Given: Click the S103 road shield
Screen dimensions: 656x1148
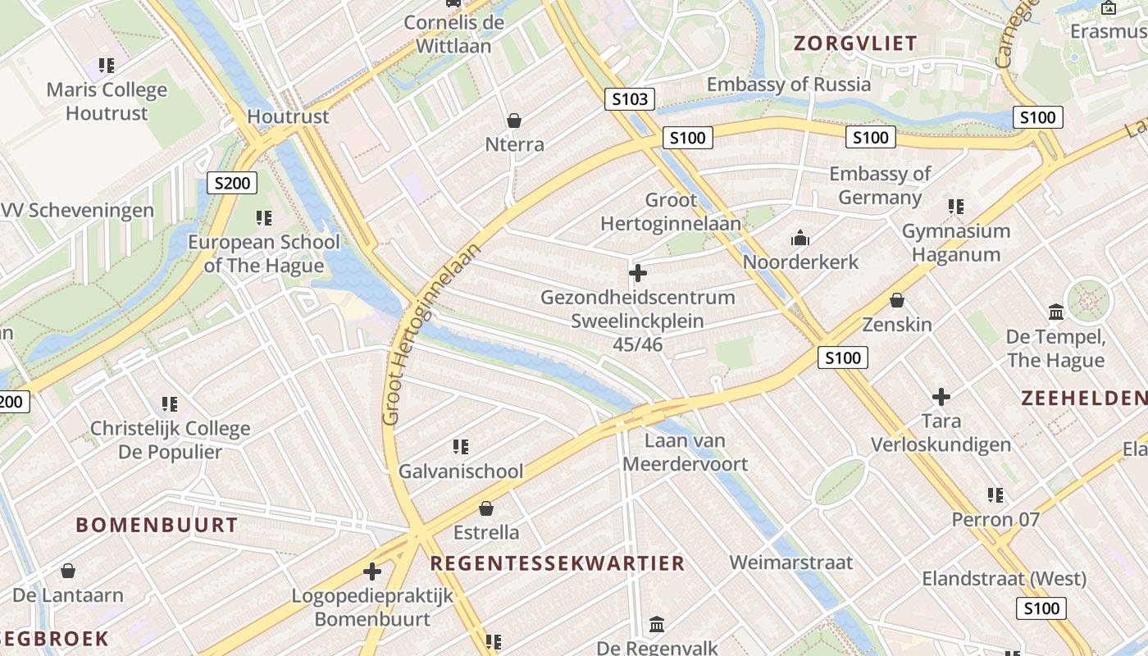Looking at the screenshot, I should (630, 100).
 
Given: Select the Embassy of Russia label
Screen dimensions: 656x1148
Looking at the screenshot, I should (789, 84).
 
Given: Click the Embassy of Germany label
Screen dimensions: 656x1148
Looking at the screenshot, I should (880, 185).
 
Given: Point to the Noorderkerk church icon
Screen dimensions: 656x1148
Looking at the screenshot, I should (799, 239).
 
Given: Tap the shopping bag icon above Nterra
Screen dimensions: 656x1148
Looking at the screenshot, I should (514, 121).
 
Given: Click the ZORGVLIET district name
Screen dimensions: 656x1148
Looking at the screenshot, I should (855, 44).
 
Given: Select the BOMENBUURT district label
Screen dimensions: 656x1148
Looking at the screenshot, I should (157, 525).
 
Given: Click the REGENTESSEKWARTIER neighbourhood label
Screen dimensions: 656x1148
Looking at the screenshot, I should (558, 563).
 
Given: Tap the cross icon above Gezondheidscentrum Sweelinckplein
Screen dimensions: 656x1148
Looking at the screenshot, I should (638, 273).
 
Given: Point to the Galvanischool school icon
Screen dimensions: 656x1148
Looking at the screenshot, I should (461, 447).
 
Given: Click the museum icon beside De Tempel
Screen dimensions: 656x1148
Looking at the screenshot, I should (1056, 312).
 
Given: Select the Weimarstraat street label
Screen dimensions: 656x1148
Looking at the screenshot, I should (791, 563).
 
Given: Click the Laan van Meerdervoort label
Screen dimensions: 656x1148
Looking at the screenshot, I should (686, 452).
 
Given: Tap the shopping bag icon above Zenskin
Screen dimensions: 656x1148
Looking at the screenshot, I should (897, 300).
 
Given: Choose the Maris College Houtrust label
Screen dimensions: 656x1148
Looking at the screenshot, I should (107, 101).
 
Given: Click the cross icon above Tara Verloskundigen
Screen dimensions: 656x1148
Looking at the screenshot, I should (941, 398).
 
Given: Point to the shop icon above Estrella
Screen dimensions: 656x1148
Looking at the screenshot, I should (486, 508).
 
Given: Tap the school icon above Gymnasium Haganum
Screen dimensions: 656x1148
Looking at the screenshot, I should (955, 207).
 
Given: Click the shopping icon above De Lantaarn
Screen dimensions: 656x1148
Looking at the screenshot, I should (68, 571).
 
